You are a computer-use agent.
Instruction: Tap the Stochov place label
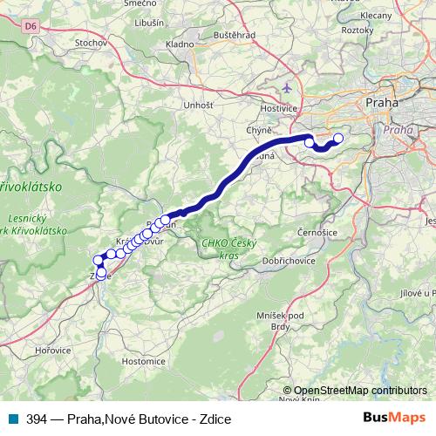(91, 42)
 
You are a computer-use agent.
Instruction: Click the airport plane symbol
(289, 88)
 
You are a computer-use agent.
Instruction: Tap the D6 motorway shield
(31, 27)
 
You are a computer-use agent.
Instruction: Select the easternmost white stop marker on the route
(339, 138)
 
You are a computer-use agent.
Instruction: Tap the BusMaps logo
(393, 419)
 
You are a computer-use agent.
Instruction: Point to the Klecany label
(399, 16)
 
